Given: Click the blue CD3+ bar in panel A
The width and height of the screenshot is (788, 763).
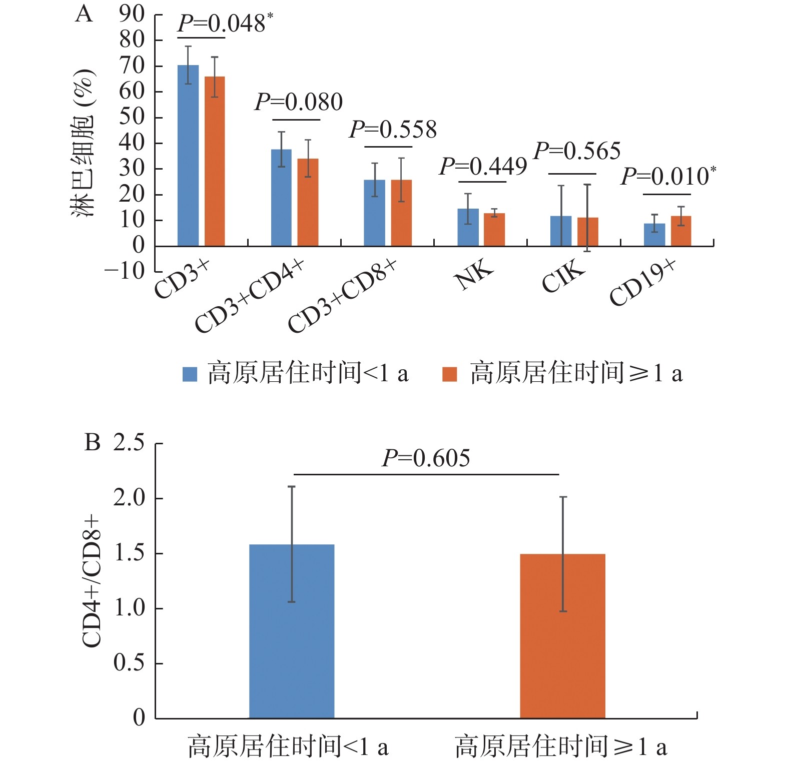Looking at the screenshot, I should (x=188, y=155).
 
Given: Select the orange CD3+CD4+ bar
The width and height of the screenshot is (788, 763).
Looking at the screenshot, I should (x=308, y=202).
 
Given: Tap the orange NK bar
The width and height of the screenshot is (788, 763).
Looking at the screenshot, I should (x=494, y=230).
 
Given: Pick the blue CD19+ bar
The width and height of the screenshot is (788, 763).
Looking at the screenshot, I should (x=654, y=235).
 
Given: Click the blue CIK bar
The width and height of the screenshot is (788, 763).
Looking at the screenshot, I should (x=561, y=231).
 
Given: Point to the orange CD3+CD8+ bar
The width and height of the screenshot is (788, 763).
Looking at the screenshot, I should (x=401, y=213).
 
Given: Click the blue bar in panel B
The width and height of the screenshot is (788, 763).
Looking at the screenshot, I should (x=292, y=631).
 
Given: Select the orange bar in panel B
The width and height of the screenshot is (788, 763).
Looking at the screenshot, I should (x=563, y=636).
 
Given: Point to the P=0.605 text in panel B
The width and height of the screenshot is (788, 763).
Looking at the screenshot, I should (x=426, y=458).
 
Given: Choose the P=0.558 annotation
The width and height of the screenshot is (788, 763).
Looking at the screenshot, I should (x=393, y=130).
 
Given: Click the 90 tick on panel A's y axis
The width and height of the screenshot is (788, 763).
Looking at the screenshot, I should (x=132, y=14).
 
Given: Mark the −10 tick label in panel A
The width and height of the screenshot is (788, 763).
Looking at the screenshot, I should (x=125, y=271).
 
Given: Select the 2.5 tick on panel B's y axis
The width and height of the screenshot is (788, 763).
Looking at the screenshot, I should (x=129, y=443).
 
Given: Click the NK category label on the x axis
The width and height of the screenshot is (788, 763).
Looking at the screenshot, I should (x=474, y=275).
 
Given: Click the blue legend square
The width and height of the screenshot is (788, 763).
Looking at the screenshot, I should (x=190, y=374).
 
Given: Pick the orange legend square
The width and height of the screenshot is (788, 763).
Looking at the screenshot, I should (x=450, y=374).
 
